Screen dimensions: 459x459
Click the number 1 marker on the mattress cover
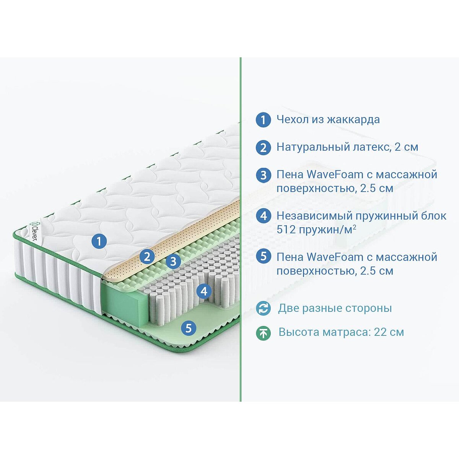tap(99, 241)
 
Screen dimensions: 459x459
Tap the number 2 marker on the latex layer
tap(147, 257)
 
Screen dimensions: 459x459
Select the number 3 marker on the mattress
tap(173, 261)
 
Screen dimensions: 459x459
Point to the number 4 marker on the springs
tap(204, 291)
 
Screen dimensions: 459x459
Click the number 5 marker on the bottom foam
tap(189, 328)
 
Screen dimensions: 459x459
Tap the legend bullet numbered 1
tap(264, 120)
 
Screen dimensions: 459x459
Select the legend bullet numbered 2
tap(264, 147)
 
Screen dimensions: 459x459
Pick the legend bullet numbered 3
tap(264, 175)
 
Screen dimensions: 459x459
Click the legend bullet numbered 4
tap(264, 216)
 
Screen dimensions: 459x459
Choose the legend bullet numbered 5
tap(264, 257)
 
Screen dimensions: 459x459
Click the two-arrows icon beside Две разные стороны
tap(263, 308)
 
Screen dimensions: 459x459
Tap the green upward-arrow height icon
tap(263, 333)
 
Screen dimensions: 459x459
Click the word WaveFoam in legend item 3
tap(335, 174)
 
